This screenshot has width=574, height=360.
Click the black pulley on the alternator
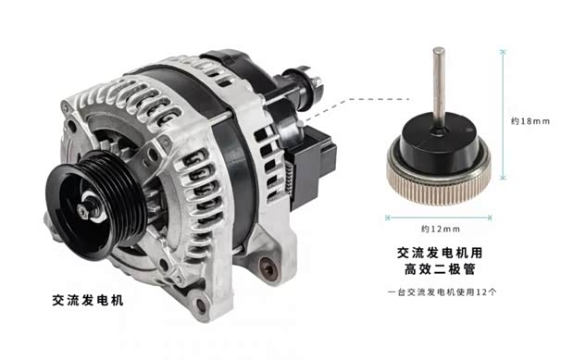[x=96, y=205]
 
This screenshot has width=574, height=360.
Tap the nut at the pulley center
[x=83, y=211]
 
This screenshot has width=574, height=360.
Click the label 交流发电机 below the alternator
[x=88, y=301]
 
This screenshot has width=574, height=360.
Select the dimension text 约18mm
[x=530, y=121]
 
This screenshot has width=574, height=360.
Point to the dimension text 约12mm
[x=441, y=229]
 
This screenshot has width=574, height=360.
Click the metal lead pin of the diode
[x=439, y=88]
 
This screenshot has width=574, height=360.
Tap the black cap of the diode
[x=439, y=143]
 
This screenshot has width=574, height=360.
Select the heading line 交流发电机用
[x=440, y=253]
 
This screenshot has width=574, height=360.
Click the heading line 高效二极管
[x=440, y=269]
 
